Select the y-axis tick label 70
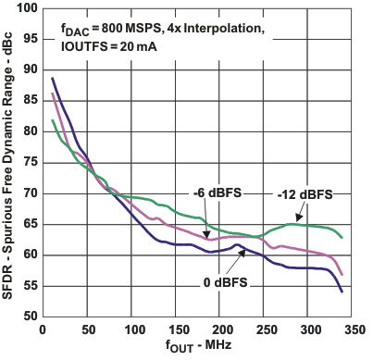click(x=28, y=192)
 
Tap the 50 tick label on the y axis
click(x=28, y=316)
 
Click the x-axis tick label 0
click(x=44, y=328)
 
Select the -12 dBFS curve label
click(x=305, y=194)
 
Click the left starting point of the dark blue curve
click(x=53, y=78)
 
